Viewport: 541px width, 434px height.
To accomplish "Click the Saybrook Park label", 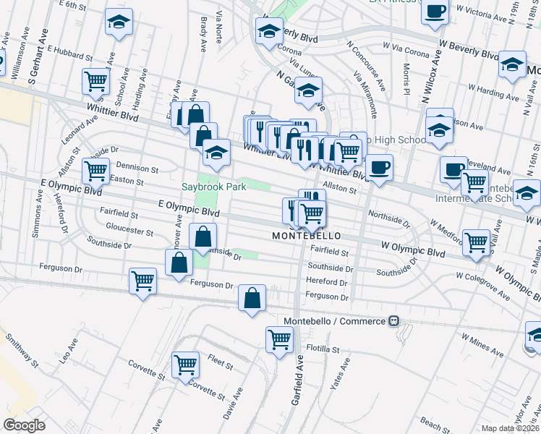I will (213, 187).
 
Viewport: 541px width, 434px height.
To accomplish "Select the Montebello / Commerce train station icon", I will (393, 320).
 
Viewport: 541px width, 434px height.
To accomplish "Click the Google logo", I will (24, 425).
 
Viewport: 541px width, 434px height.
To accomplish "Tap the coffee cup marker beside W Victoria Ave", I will (435, 12).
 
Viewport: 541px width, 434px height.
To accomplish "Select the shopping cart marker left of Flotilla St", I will (279, 339).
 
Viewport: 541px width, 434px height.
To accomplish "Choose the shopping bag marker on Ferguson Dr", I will (252, 297).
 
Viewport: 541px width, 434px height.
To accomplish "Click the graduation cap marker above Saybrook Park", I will (216, 151).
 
